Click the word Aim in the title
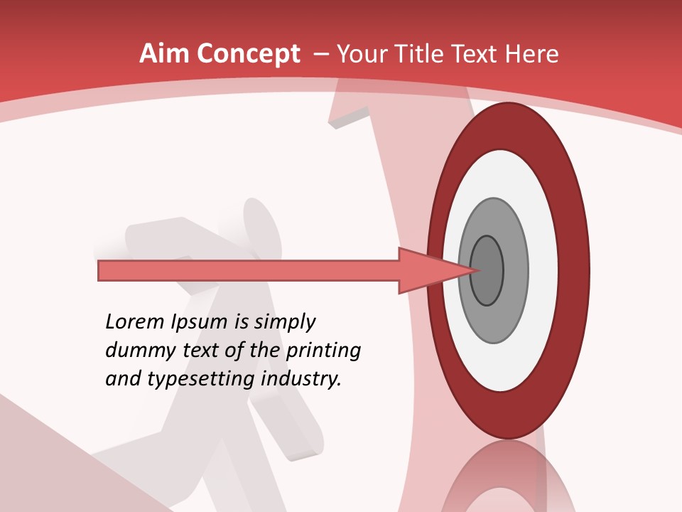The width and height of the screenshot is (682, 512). (x=164, y=54)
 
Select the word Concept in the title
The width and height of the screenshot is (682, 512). (x=249, y=54)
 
